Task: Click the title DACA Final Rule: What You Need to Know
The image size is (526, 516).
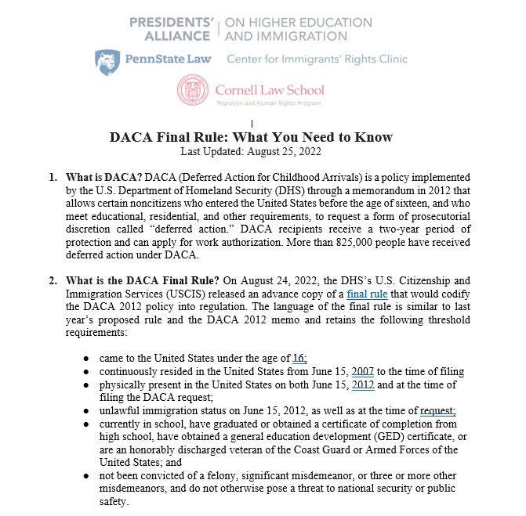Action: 251,137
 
